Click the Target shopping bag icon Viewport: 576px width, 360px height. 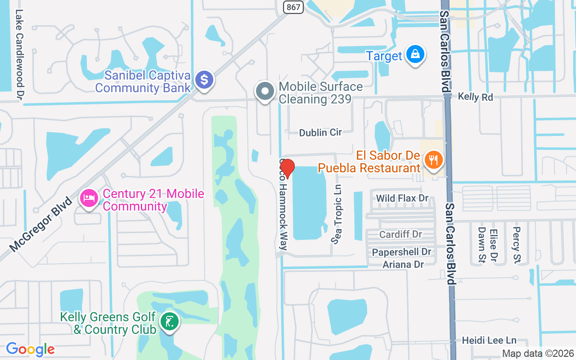pyautogui.click(x=415, y=55)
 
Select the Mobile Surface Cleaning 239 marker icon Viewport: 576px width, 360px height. pyautogui.click(x=265, y=91)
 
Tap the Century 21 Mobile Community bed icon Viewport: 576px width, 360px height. pyautogui.click(x=89, y=198)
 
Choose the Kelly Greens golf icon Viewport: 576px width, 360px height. pyautogui.click(x=170, y=322)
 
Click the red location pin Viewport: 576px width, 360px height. pyautogui.click(x=287, y=169)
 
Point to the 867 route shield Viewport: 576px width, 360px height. pyautogui.click(x=293, y=7)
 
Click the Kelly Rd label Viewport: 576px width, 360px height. pyautogui.click(x=476, y=97)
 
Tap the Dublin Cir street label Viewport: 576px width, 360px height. pyautogui.click(x=320, y=132)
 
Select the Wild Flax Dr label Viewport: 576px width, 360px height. pyautogui.click(x=402, y=198)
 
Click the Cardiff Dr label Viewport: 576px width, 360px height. pyautogui.click(x=400, y=234)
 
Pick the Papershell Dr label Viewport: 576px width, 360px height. pyautogui.click(x=401, y=252)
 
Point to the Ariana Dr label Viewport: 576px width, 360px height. pyautogui.click(x=403, y=264)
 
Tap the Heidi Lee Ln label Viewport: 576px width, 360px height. pyautogui.click(x=490, y=341)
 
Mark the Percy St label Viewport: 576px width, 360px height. pyautogui.click(x=516, y=244)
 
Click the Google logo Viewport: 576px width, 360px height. pyautogui.click(x=30, y=349)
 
